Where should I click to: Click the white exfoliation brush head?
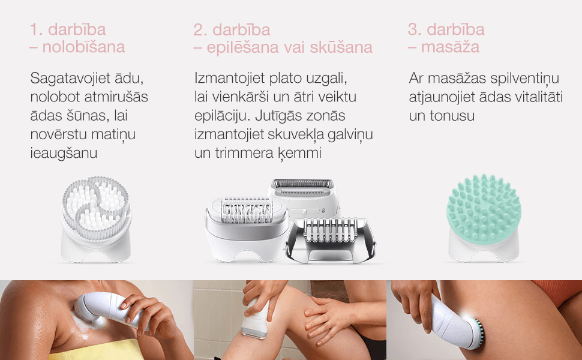96,219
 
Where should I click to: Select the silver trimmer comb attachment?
331,241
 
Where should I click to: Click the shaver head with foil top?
303,197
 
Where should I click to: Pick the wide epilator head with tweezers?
247,229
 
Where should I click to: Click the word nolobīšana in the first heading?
83,47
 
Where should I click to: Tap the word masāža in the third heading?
450,47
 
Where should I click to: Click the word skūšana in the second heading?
341,47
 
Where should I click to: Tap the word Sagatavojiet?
71,79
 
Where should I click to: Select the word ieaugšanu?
64,153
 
